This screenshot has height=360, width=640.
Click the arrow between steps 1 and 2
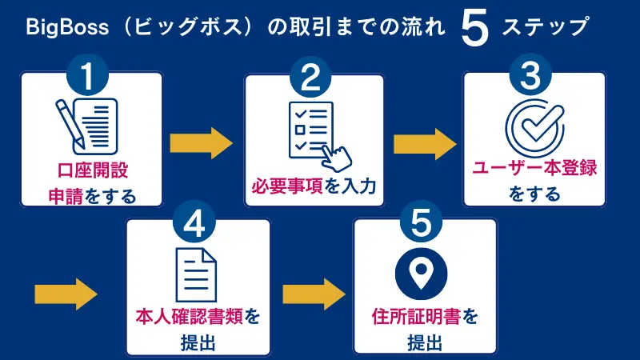[x=202, y=145]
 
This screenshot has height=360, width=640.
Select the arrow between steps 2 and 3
[x=425, y=145]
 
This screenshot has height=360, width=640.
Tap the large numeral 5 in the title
[x=474, y=29]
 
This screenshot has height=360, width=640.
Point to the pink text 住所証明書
[x=407, y=317]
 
